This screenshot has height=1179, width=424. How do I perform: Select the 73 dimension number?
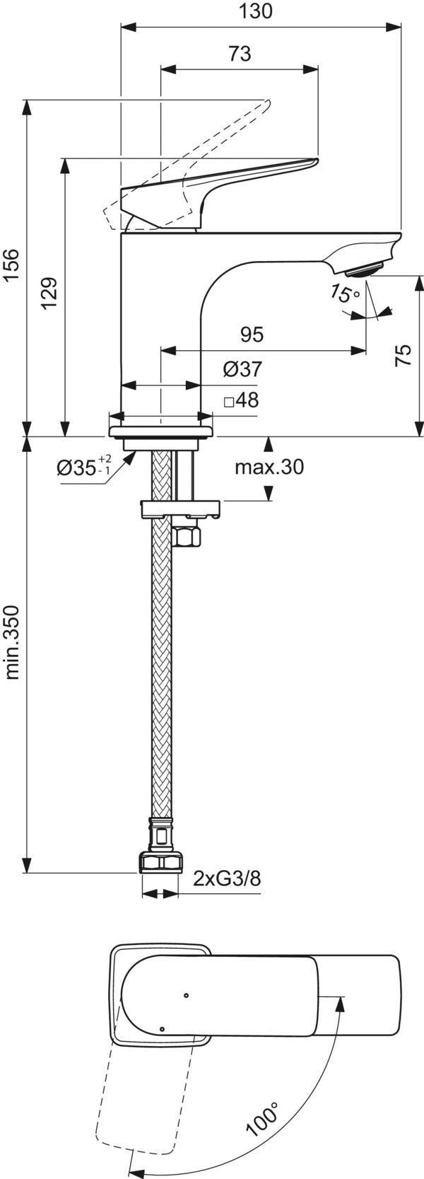pos(240,54)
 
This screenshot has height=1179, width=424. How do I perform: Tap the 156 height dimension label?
pos(12,267)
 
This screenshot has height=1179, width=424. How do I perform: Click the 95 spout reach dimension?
pos(252,335)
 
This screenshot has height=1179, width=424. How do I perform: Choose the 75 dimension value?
pos(404,355)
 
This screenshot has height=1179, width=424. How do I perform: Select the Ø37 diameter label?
pos(242,369)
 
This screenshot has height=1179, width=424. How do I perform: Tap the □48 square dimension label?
pos(242,401)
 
